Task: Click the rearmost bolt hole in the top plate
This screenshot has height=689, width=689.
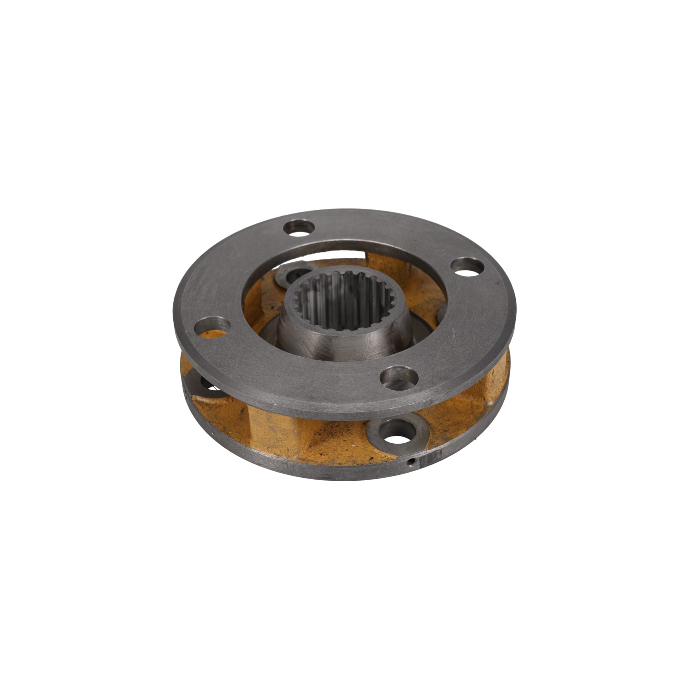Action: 299,228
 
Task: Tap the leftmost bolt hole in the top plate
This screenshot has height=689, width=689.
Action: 213,325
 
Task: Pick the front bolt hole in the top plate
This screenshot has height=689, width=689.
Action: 399,378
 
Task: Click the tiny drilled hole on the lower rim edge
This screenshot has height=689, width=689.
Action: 412,462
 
